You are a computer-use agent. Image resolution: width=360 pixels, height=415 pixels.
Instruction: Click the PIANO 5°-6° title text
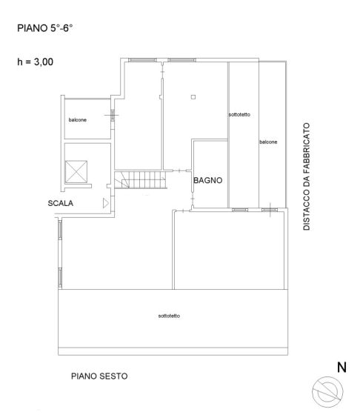click(45, 28)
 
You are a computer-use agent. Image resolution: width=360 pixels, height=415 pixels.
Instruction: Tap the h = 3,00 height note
click(35, 62)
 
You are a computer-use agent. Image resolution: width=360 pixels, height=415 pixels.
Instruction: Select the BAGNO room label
click(208, 181)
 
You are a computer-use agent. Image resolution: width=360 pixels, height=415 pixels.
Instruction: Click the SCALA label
click(60, 203)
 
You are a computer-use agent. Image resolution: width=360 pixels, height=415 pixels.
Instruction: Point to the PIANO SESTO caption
click(99, 376)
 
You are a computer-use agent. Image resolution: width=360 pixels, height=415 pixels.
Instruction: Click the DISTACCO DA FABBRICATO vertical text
click(307, 176)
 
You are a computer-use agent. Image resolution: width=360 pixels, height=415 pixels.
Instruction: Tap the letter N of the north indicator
click(341, 368)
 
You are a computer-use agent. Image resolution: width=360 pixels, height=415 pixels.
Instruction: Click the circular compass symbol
click(327, 392)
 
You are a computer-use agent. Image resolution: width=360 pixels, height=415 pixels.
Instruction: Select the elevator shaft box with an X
click(76, 171)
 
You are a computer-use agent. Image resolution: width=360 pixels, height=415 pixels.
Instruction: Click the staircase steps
click(141, 180)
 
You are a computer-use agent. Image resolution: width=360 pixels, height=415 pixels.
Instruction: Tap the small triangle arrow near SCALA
click(106, 203)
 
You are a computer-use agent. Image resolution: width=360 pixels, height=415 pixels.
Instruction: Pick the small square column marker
click(193, 97)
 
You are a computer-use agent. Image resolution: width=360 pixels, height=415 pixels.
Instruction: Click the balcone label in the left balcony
click(78, 120)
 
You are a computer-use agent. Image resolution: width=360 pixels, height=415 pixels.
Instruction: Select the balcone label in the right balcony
click(268, 142)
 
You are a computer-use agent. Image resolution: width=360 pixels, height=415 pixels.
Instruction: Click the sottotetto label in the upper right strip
click(239, 115)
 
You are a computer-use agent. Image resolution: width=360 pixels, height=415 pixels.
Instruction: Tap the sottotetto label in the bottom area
click(169, 316)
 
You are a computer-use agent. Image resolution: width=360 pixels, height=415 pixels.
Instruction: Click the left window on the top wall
click(142, 60)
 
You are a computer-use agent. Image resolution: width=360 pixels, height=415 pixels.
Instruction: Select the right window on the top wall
click(182, 60)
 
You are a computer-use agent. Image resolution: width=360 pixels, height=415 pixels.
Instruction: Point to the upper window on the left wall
click(60, 230)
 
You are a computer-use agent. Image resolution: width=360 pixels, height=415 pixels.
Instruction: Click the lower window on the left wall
click(60, 278)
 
